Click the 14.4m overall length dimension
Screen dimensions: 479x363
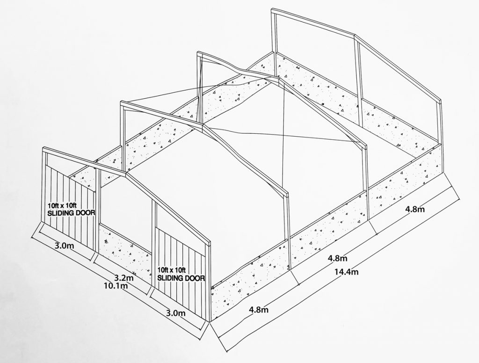pos(347,271)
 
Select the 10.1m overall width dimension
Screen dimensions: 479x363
pos(116,286)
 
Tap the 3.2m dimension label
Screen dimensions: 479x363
pos(123,278)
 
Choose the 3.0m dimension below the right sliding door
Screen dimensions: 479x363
pos(175,313)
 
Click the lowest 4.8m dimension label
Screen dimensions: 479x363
pos(259,310)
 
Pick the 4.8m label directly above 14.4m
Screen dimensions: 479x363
pos(338,258)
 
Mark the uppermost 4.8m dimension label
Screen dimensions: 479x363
pos(414,209)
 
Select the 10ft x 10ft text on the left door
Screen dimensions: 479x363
pos(63,206)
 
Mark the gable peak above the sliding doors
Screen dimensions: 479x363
pos(126,174)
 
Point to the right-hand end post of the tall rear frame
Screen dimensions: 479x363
pos(440,124)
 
